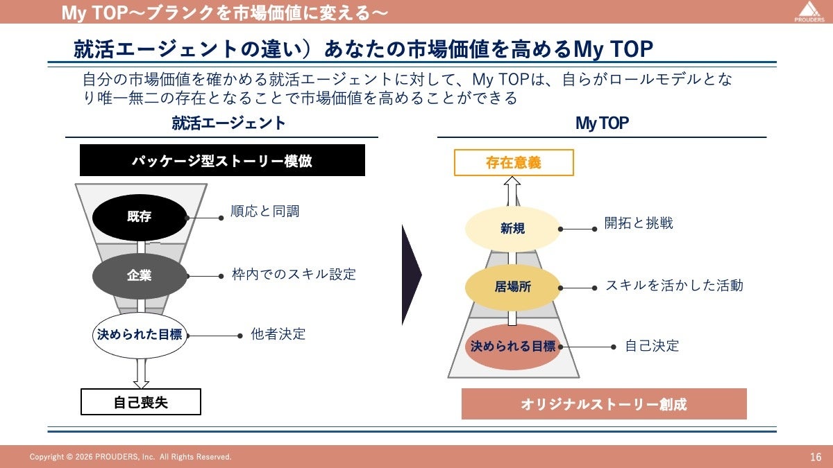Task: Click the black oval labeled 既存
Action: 140,217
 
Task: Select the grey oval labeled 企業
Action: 140,275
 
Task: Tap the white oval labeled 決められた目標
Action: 140,335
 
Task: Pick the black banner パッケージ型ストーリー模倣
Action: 222,161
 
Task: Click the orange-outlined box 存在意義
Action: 514,163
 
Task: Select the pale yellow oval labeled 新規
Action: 513,228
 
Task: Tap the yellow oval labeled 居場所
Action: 513,286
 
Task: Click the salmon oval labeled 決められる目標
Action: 513,346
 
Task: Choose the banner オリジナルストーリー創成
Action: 604,404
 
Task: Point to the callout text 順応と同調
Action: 264,211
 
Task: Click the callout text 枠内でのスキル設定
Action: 294,275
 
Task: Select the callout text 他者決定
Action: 278,334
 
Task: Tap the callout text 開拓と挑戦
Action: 639,223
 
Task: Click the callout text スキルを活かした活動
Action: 674,285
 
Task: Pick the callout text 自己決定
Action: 652,345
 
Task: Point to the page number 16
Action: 816,457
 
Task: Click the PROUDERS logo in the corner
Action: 807,12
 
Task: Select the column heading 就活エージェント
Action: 228,123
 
